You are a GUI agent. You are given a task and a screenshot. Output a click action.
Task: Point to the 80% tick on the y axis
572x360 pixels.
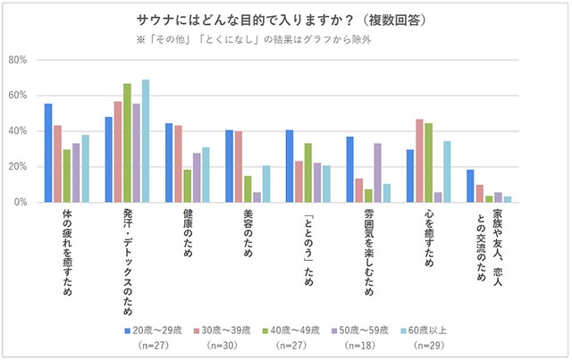pos(19,60)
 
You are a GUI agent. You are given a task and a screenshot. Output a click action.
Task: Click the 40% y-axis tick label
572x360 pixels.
pos(19,131)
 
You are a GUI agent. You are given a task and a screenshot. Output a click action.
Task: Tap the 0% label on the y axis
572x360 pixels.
pos(21,203)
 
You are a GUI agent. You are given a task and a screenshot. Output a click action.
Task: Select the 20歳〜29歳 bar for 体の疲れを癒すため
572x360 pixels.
pos(48,154)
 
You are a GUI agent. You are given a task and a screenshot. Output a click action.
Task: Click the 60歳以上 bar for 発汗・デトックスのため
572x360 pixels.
pos(145,141)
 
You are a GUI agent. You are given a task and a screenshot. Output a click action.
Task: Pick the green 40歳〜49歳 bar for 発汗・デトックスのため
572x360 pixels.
pos(127,143)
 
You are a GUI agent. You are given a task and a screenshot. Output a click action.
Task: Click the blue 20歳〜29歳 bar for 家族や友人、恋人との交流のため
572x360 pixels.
pos(470,186)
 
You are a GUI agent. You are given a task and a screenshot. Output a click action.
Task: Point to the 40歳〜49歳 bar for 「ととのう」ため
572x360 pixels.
pos(307,173)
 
